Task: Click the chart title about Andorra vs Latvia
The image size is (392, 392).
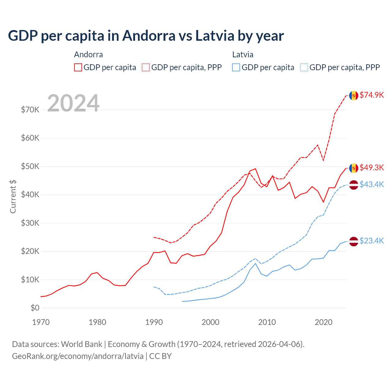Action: click(x=146, y=36)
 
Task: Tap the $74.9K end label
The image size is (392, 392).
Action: click(x=371, y=95)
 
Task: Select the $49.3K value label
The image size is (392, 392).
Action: click(x=371, y=168)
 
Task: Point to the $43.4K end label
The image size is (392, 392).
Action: click(x=371, y=184)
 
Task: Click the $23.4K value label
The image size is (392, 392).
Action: click(x=371, y=241)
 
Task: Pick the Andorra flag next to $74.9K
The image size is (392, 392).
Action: click(x=354, y=96)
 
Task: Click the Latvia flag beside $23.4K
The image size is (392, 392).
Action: click(x=354, y=241)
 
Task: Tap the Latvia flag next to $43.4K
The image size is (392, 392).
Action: click(x=354, y=185)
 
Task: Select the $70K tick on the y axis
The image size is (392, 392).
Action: click(x=30, y=110)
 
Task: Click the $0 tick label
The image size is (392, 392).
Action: click(x=35, y=308)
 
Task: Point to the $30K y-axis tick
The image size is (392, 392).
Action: click(x=30, y=223)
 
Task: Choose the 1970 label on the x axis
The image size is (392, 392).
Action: click(x=41, y=322)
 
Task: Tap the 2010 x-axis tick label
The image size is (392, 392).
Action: click(x=267, y=322)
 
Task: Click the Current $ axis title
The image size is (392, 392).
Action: click(x=13, y=197)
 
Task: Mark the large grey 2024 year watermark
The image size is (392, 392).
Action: click(x=73, y=103)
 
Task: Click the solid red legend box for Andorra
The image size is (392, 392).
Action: click(x=78, y=67)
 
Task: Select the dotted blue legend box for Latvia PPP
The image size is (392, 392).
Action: click(x=304, y=67)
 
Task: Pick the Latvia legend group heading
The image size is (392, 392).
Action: click(x=243, y=55)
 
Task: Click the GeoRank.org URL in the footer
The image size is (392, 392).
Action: click(x=78, y=356)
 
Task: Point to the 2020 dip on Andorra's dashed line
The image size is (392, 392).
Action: click(x=323, y=160)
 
